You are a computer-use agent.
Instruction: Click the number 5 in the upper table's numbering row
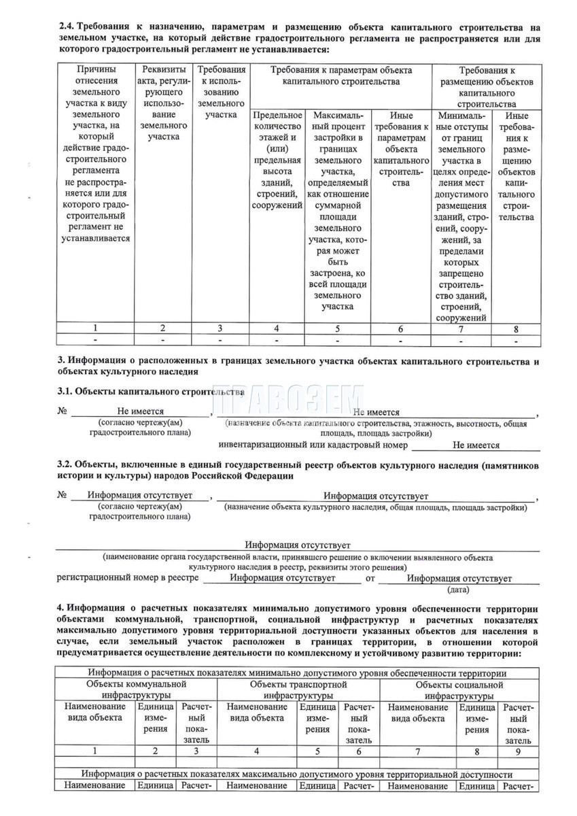coord(338,328)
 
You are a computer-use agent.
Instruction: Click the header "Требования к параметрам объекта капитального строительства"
coord(341,75)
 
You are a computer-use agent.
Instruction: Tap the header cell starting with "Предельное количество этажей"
coord(277,159)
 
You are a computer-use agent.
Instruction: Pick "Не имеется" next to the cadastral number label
coord(476,445)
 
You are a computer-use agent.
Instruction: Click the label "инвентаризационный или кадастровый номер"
coord(313,445)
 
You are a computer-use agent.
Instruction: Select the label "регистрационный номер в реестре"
coord(127,578)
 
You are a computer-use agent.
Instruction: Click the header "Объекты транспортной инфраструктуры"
coord(298,690)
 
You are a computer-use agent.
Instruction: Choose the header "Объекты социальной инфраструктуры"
coord(460,690)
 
